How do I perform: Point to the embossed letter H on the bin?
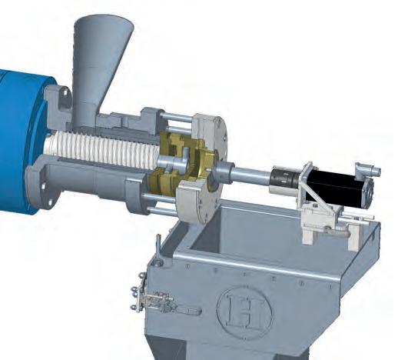(243, 311)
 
